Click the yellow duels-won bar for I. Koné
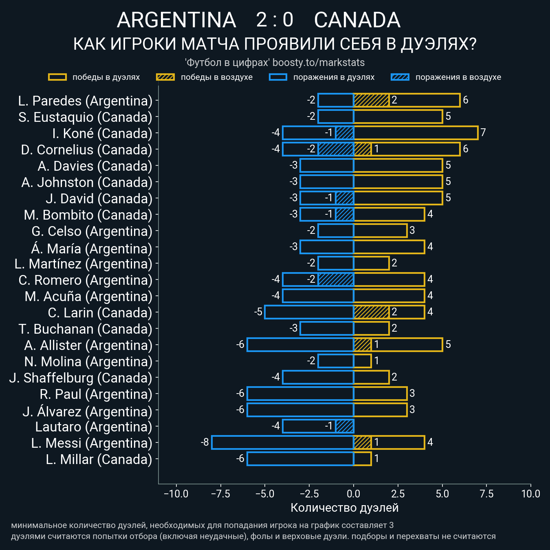(416, 133)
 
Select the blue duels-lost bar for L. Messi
(282, 442)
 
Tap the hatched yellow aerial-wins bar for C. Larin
(371, 312)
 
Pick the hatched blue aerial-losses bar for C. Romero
(336, 279)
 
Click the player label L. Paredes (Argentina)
(85, 101)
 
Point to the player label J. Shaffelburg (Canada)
(81, 378)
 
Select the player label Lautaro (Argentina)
(93, 427)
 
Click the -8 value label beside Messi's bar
(205, 442)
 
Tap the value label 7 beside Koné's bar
(483, 132)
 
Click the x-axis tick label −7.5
(220, 494)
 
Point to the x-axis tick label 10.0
(530, 494)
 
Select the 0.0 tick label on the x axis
(354, 494)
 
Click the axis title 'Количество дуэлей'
(344, 508)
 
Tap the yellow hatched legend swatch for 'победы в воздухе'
(165, 77)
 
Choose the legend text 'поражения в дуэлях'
(334, 77)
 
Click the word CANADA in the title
(357, 20)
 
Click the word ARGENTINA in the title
(176, 20)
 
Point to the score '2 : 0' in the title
(275, 20)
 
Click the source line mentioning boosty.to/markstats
(275, 62)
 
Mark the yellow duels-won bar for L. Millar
(362, 459)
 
